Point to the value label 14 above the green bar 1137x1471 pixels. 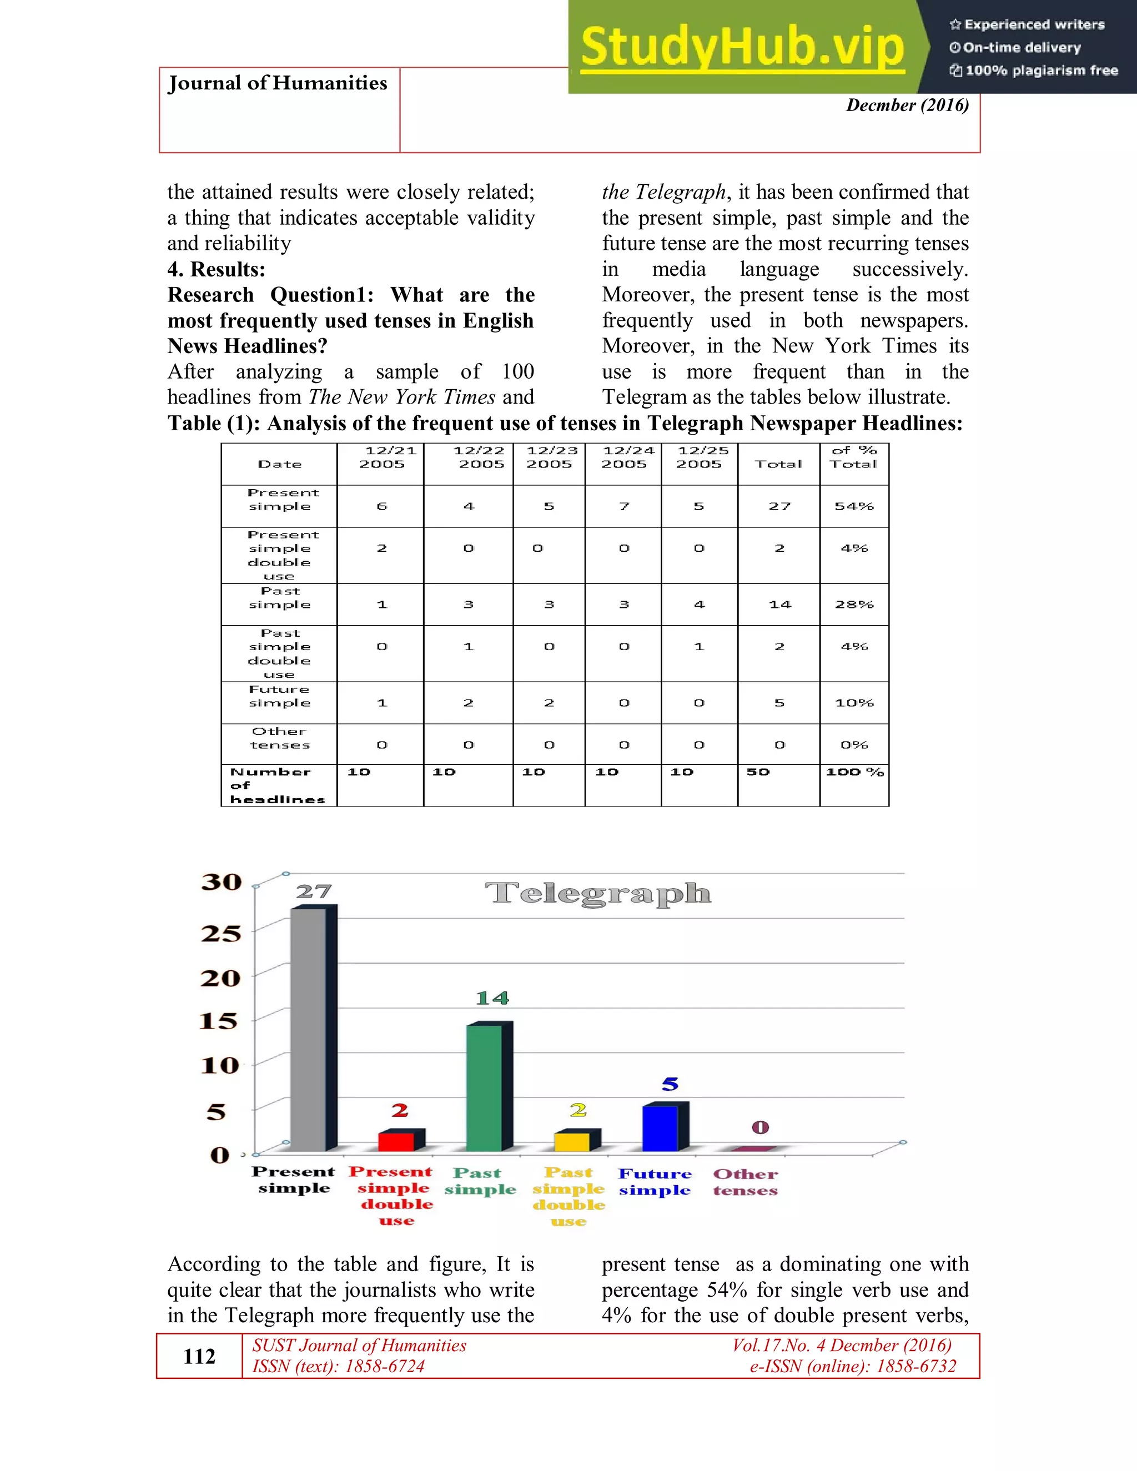click(x=492, y=998)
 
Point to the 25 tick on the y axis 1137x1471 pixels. click(x=221, y=934)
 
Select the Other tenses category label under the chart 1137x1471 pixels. click(x=745, y=1182)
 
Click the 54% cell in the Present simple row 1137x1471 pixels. click(x=853, y=506)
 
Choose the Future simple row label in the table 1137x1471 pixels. click(x=280, y=696)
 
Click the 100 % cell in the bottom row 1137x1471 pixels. click(x=854, y=772)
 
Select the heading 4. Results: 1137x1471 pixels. click(x=216, y=269)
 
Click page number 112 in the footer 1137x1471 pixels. click(x=199, y=1356)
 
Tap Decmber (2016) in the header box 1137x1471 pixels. click(x=907, y=105)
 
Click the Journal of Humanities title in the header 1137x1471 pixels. click(x=278, y=83)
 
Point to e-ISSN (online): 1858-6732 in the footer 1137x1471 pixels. click(x=853, y=1366)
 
